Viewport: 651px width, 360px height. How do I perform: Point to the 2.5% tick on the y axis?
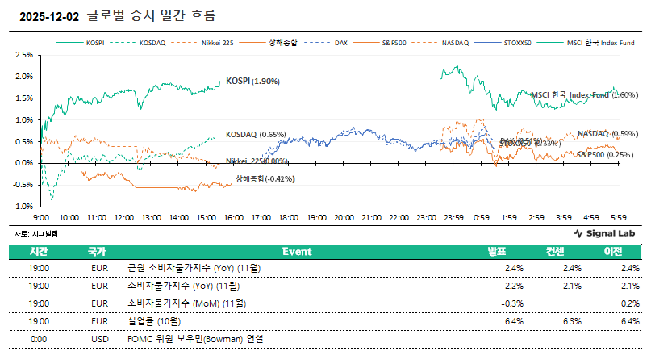[x=23, y=55]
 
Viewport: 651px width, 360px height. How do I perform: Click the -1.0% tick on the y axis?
[x=23, y=206]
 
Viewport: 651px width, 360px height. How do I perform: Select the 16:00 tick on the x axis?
[x=234, y=218]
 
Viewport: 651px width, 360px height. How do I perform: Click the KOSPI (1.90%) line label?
[x=252, y=81]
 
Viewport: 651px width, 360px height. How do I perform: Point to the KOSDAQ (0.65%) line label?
[x=256, y=134]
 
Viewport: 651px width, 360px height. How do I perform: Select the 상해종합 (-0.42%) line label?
[x=265, y=178]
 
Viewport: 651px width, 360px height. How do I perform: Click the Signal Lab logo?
[x=603, y=233]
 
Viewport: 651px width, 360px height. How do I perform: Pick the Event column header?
[x=296, y=252]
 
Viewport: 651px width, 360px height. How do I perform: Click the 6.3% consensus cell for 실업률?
[x=572, y=321]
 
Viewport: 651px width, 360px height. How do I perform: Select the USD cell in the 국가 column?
[x=100, y=339]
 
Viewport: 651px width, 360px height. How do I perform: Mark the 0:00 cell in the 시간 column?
[x=39, y=339]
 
